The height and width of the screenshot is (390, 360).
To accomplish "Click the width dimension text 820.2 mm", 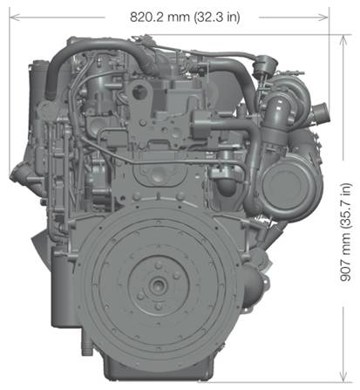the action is tap(160, 17).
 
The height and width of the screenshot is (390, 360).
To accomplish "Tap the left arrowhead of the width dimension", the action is tap(15, 17).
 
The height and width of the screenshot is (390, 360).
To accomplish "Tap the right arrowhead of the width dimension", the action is tap(323, 17).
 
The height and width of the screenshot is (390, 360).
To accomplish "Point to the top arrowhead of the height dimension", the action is tap(343, 40).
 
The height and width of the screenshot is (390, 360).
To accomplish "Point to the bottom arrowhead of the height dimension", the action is tap(343, 376).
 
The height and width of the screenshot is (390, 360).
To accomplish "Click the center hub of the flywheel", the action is tap(159, 284).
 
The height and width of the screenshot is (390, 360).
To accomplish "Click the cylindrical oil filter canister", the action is tap(63, 288).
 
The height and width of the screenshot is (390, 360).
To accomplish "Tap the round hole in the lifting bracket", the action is tap(139, 92).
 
